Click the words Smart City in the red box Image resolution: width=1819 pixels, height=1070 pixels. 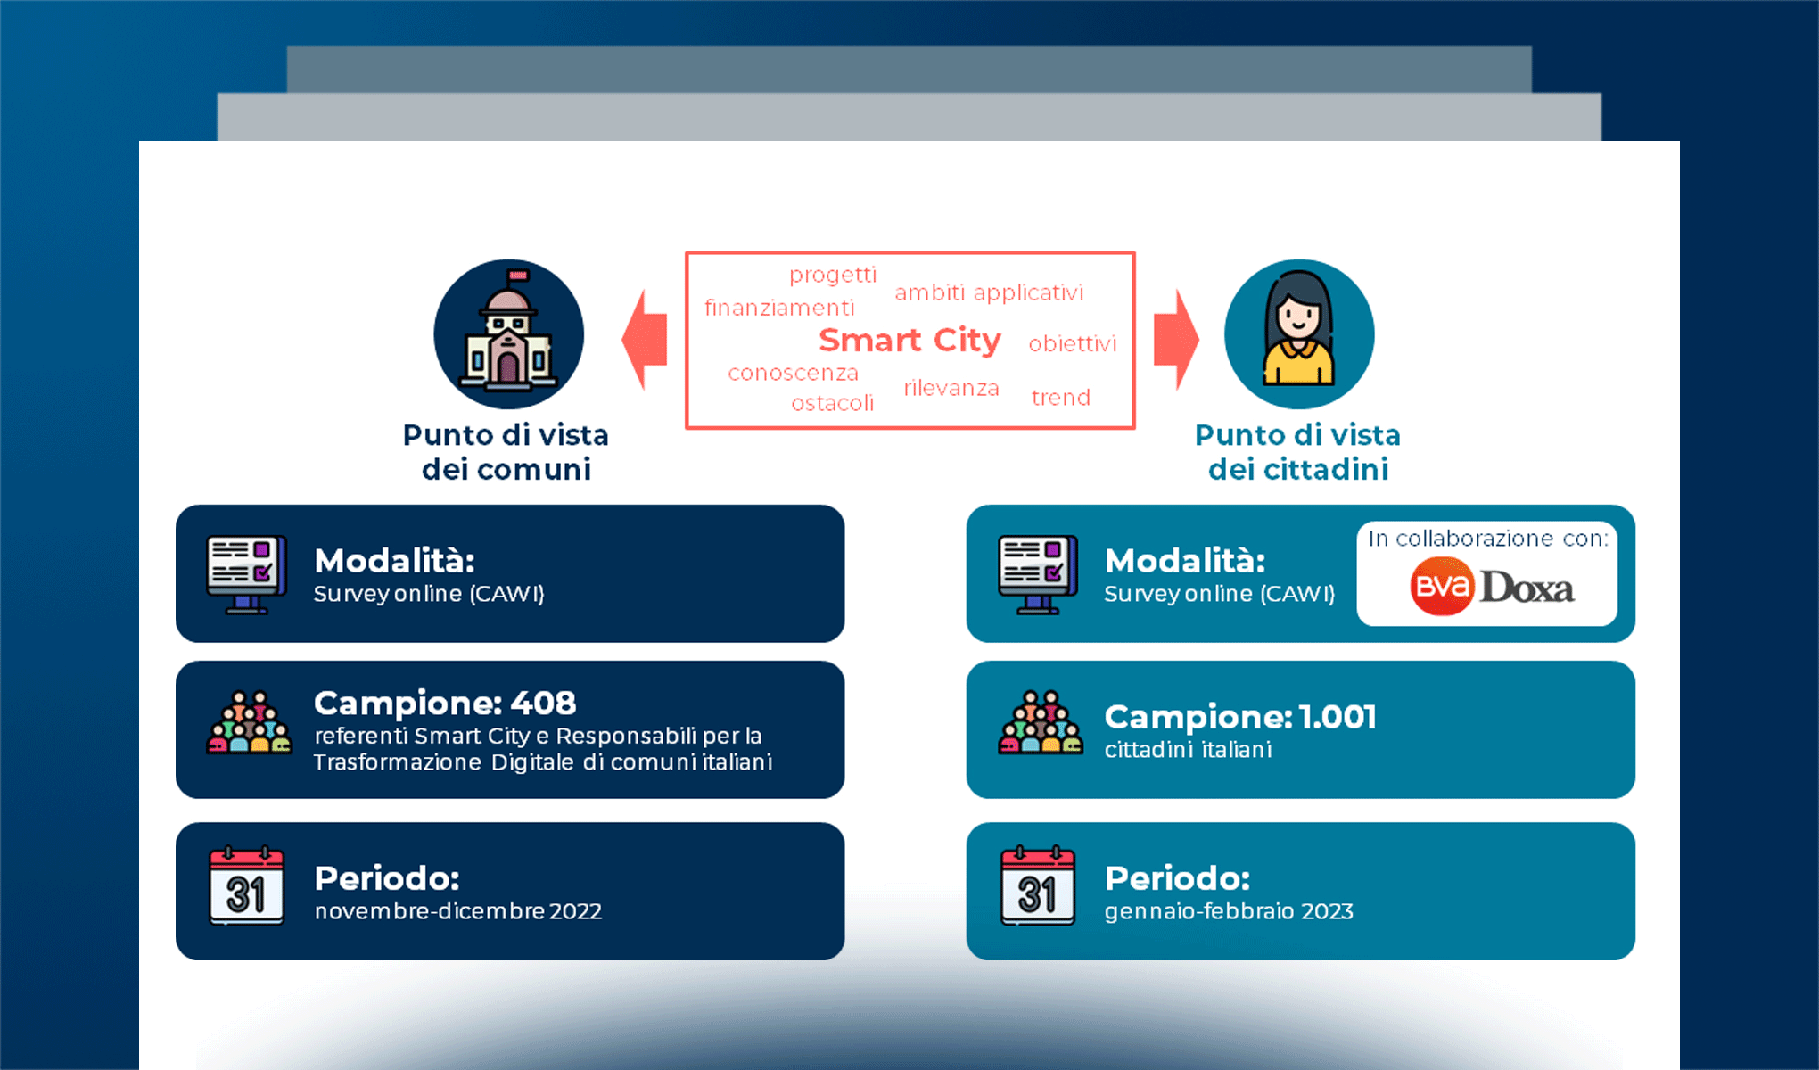[x=909, y=341]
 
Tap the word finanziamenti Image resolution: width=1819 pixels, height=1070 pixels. [x=779, y=309]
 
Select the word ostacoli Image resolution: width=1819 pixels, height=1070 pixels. [x=832, y=403]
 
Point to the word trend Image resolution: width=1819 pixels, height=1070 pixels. [x=1060, y=398]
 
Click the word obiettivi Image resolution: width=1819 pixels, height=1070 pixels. [x=1072, y=344]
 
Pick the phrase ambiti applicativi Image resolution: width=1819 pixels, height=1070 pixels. [x=989, y=293]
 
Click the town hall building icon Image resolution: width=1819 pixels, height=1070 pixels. [x=508, y=334]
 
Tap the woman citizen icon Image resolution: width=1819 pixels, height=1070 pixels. [x=1298, y=334]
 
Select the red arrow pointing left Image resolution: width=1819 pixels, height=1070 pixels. [x=645, y=340]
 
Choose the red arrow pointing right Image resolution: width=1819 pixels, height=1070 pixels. [x=1175, y=340]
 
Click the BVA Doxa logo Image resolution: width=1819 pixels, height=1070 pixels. [x=1491, y=587]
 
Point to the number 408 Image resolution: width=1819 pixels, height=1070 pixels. [x=543, y=704]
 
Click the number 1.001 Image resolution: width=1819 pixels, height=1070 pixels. [x=1337, y=717]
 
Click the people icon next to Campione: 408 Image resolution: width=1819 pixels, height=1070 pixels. [x=249, y=723]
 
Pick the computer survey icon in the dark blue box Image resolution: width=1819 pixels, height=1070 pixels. [x=246, y=574]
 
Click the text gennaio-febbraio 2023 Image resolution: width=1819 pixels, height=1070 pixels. [x=1229, y=911]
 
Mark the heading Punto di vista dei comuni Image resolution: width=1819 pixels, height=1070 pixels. [x=506, y=452]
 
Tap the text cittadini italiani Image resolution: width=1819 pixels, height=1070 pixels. [x=1188, y=750]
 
